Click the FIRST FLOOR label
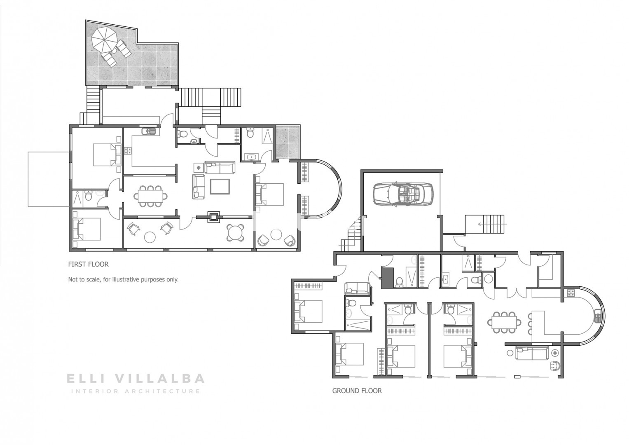pos(88,264)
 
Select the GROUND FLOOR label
pos(357,391)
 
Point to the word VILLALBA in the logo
pos(160,379)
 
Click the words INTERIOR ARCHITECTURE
pos(136,391)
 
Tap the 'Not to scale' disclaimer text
pos(123,279)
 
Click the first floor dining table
pos(150,196)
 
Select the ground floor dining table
pos(504,322)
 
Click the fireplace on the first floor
pos(213,217)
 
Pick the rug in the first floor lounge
pos(220,187)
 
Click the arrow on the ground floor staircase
pos(492,224)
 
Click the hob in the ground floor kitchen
pos(571,293)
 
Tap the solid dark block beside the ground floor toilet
pos(387,278)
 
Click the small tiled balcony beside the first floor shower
pos(287,142)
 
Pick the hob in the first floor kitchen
pos(128,151)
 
